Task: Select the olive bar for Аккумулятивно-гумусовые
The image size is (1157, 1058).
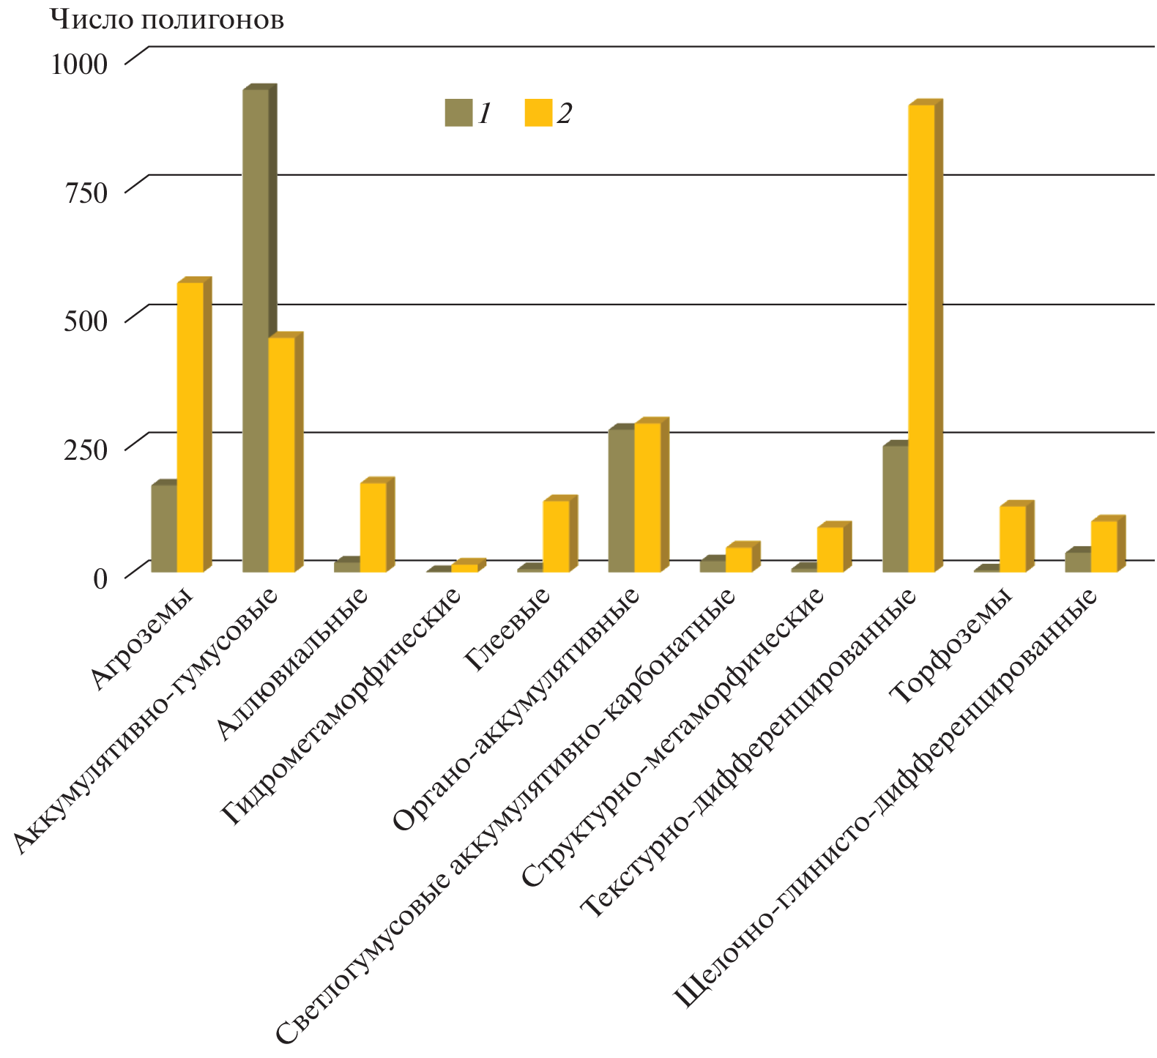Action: pyautogui.click(x=255, y=329)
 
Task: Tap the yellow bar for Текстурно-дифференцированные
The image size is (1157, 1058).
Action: pyautogui.click(x=921, y=338)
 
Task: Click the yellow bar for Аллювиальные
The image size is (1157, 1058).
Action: pyautogui.click(x=373, y=526)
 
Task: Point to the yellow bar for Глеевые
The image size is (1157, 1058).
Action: pyautogui.click(x=556, y=535)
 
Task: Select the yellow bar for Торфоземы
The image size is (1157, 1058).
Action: pyautogui.click(x=1013, y=538)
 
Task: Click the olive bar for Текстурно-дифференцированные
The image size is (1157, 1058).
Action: pyautogui.click(x=896, y=508)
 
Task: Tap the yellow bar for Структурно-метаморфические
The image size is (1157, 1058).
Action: pyautogui.click(x=830, y=548)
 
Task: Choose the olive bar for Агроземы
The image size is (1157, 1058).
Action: pyautogui.click(x=164, y=527)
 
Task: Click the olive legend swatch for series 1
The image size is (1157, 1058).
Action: pyautogui.click(x=458, y=113)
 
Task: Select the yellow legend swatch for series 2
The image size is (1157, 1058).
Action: pyautogui.click(x=538, y=113)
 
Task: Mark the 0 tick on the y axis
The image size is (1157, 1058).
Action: pyautogui.click(x=100, y=578)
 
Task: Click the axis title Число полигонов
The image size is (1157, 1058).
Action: pyautogui.click(x=167, y=20)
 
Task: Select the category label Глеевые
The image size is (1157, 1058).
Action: pyautogui.click(x=508, y=630)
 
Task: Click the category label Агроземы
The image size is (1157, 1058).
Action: pyautogui.click(x=143, y=640)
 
